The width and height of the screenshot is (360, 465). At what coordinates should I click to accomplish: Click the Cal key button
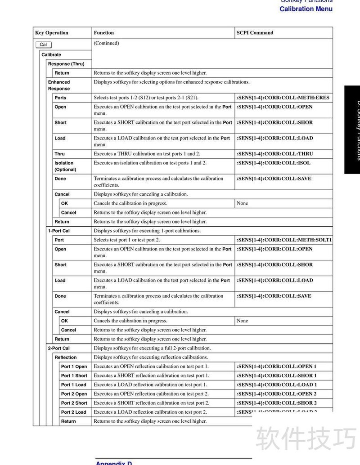tap(43, 45)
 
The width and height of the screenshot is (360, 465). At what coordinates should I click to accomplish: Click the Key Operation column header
tap(52, 33)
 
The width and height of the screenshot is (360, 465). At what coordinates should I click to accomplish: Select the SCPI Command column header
tap(255, 33)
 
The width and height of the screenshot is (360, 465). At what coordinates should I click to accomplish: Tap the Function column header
tap(103, 33)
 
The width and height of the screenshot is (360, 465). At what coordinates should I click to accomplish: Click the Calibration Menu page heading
tap(306, 9)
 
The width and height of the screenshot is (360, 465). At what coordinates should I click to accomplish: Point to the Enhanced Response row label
tap(59, 85)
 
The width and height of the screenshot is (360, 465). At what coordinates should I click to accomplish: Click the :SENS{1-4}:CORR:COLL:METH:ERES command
tap(283, 98)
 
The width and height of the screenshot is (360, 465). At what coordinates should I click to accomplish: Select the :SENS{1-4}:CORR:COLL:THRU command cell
tap(274, 154)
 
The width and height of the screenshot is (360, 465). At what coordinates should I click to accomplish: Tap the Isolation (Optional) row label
tap(65, 166)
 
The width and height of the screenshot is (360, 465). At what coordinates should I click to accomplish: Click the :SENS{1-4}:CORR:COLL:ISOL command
tap(273, 163)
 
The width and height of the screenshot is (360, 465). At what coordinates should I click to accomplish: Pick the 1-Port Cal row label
tap(58, 231)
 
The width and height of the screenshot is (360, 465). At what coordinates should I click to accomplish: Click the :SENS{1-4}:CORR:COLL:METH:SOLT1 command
tap(284, 240)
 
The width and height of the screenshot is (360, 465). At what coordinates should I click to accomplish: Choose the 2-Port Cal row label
tap(58, 348)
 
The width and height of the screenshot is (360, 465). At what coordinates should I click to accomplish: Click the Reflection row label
tap(65, 358)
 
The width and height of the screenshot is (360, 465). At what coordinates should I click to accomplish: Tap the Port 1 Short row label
tap(74, 376)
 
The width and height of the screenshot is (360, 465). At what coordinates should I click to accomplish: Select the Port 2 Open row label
tap(74, 394)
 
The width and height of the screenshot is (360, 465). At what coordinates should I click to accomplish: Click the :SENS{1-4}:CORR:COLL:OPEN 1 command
tap(276, 367)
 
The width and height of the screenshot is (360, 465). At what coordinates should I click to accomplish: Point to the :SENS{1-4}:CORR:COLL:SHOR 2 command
tap(276, 403)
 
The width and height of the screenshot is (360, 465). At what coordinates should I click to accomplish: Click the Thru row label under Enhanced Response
tap(59, 154)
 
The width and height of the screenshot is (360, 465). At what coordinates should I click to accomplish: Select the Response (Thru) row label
tap(66, 64)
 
